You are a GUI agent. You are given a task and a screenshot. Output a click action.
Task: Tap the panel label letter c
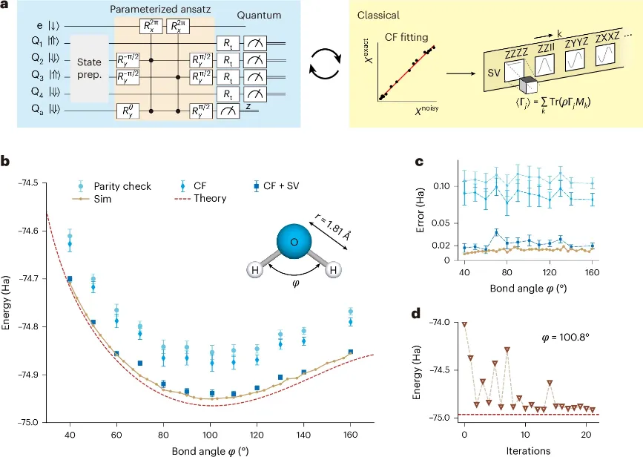418,161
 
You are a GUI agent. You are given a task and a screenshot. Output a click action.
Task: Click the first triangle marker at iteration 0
464,324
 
